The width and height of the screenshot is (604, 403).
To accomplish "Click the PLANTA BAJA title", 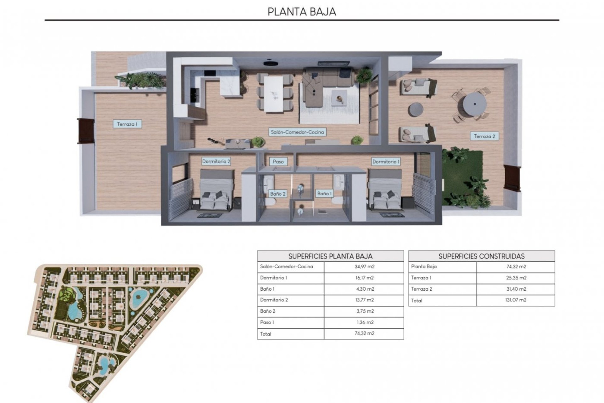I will click(x=302, y=12).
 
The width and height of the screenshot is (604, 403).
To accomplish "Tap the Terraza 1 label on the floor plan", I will click(x=127, y=124).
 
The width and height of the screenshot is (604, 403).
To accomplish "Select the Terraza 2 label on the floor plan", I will click(x=484, y=136).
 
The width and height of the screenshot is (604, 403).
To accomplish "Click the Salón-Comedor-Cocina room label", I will click(x=297, y=132).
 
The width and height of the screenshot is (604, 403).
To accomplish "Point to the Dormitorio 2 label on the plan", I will click(x=216, y=162).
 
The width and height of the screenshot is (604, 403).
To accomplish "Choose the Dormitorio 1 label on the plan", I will click(x=386, y=162).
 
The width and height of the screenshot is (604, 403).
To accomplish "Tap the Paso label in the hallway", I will click(x=278, y=162).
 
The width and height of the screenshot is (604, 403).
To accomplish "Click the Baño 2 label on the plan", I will click(x=278, y=194).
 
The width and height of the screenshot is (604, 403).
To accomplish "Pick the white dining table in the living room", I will click(x=274, y=94).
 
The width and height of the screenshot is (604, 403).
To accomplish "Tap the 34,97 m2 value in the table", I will click(x=364, y=267).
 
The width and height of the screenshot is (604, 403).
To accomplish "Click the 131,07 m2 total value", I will click(x=516, y=300).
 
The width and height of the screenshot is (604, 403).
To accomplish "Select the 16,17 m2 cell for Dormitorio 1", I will click(x=364, y=278).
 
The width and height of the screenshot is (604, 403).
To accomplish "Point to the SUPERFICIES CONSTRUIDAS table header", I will click(x=481, y=256).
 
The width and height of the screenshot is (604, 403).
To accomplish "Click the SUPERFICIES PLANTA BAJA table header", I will click(x=330, y=256).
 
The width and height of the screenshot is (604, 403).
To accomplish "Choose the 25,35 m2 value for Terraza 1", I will click(x=516, y=278).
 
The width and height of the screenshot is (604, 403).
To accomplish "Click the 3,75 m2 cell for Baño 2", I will click(x=364, y=311).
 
